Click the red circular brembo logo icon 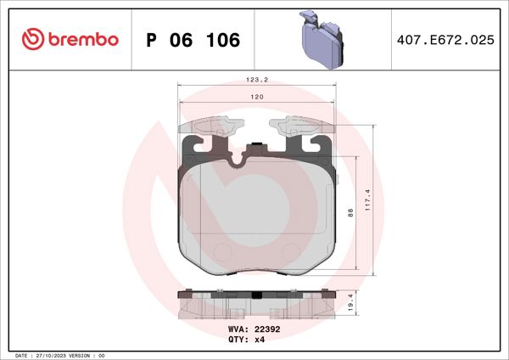point(32,39)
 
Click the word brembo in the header point(82,39)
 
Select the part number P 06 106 point(193,39)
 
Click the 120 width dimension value point(256,98)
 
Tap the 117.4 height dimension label point(366,201)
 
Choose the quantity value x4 point(261,339)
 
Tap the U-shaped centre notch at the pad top point(256,153)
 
